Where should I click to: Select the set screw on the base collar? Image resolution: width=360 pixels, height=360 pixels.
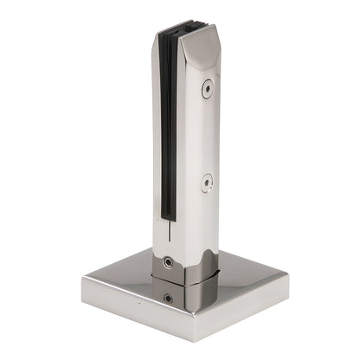pyautogui.click(x=167, y=299)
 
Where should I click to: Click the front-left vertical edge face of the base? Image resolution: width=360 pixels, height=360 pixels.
pyautogui.click(x=130, y=306)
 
